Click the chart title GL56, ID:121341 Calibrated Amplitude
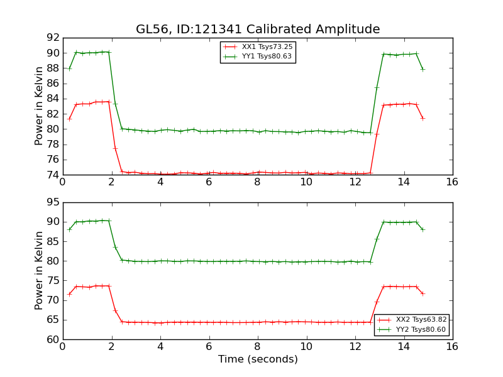(x=258, y=29)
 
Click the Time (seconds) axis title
(x=258, y=359)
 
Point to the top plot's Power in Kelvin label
(x=39, y=106)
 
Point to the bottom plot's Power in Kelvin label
(x=39, y=270)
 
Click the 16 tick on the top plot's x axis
(x=452, y=182)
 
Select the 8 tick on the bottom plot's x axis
(x=257, y=347)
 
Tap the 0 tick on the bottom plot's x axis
(x=62, y=347)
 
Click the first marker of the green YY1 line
(x=69, y=68)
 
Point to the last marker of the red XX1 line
(x=423, y=118)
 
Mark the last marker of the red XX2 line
(x=423, y=293)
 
